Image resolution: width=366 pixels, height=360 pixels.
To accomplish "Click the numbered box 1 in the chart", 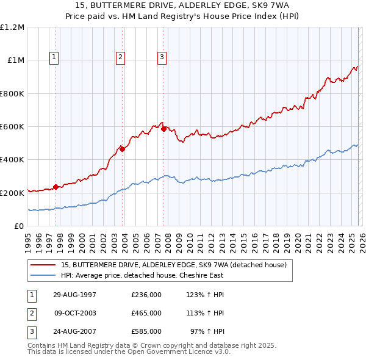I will [x=54, y=57].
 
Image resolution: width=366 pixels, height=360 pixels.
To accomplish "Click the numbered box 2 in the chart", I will [x=121, y=57].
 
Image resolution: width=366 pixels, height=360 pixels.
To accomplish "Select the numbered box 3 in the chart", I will [x=162, y=57].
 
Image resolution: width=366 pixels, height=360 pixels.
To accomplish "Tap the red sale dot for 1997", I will [x=56, y=187].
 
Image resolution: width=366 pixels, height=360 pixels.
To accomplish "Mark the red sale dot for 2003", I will [x=122, y=149].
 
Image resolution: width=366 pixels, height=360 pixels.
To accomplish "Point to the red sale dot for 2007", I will [x=163, y=129].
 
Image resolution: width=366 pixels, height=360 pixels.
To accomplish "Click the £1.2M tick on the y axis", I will [x=12, y=27].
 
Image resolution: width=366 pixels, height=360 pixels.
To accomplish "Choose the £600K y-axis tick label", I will [x=12, y=127].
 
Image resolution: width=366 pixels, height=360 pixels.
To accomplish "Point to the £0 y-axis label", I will [x=18, y=226].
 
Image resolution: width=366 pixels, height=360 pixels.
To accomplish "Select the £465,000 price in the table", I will [x=146, y=313].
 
